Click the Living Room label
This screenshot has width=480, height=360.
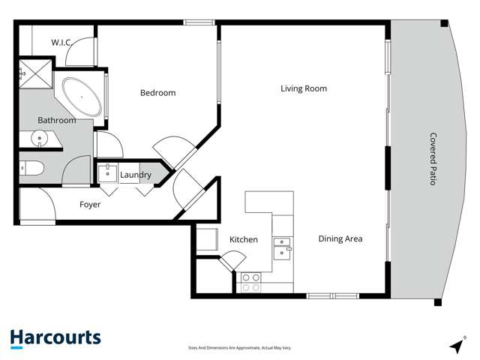(x=304, y=88)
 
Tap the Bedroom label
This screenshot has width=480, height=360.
(x=158, y=93)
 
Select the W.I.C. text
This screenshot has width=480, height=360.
(x=61, y=43)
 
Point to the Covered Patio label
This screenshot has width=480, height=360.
(x=433, y=159)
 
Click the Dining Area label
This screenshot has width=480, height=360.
(x=340, y=238)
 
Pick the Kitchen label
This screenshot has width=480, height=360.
(x=244, y=239)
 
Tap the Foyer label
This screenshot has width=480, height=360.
(x=90, y=205)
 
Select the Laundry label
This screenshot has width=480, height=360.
(x=136, y=175)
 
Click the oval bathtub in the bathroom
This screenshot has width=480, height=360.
(x=82, y=97)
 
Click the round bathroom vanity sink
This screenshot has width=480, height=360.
(x=40, y=139)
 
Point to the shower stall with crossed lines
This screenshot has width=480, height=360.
(x=36, y=74)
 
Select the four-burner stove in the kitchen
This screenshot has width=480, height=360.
(x=251, y=283)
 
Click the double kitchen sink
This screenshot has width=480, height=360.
(x=282, y=249)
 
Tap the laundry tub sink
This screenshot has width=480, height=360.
(x=107, y=174)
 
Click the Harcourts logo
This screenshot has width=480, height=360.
(x=55, y=338)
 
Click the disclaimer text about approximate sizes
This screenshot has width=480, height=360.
(x=239, y=348)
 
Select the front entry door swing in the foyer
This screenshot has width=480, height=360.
(x=37, y=204)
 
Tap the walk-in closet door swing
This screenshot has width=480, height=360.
(x=80, y=52)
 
